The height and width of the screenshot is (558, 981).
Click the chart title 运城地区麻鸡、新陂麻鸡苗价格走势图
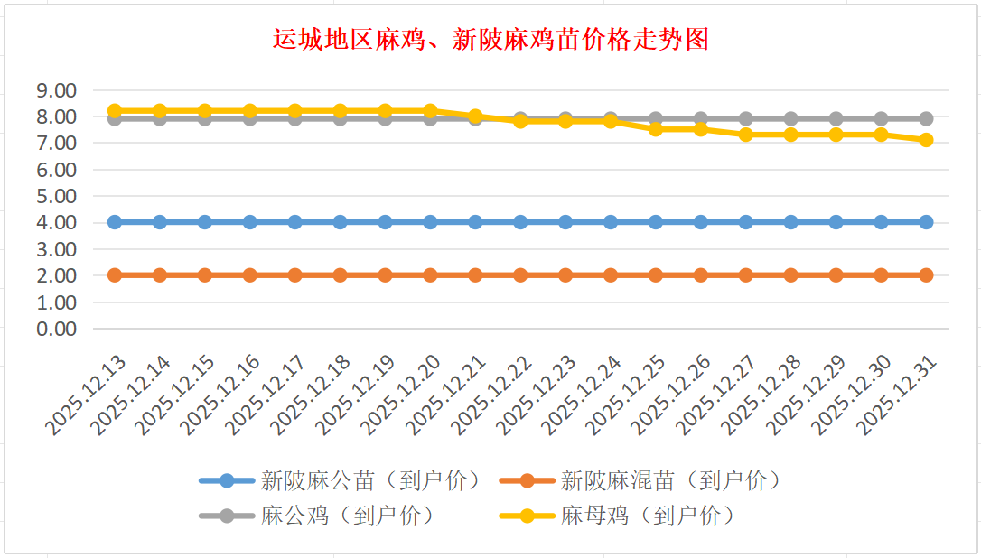(490, 40)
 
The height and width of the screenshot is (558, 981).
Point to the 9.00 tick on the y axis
(55, 90)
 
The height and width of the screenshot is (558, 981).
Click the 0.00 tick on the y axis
(55, 329)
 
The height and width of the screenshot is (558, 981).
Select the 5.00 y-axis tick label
(55, 196)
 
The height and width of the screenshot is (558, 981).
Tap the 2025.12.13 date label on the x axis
(89, 396)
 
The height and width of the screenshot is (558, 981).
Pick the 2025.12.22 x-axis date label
(494, 396)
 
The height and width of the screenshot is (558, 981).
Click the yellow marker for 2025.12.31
(926, 140)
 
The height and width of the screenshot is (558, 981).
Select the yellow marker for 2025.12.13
(115, 111)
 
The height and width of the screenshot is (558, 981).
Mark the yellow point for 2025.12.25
(656, 129)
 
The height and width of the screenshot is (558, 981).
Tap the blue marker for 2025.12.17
(295, 222)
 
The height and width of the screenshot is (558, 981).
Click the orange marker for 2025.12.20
(430, 275)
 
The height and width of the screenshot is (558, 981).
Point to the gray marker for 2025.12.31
(926, 118)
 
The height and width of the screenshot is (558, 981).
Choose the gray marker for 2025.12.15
(205, 118)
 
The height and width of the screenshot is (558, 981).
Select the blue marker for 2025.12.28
(790, 222)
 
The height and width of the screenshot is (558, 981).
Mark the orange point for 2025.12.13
(115, 275)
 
